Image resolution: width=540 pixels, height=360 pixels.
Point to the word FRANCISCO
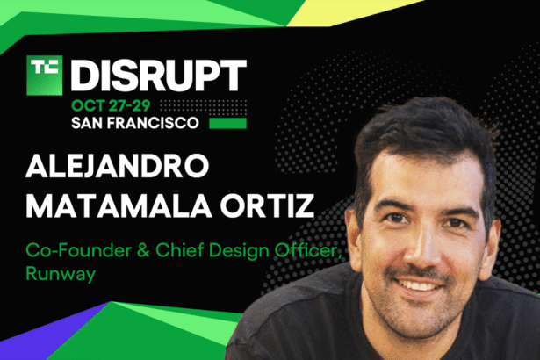click(166, 122)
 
